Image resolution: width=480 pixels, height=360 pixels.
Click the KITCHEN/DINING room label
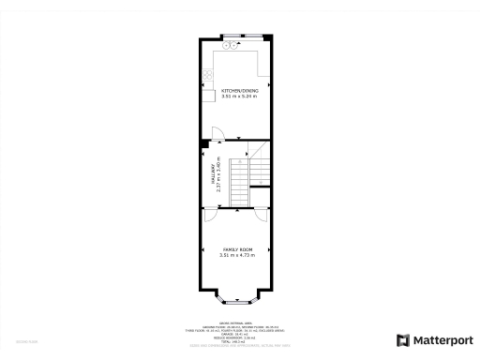point(238,90)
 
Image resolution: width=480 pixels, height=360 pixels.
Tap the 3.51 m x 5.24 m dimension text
point(238,97)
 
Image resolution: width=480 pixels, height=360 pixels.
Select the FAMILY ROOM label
point(238,248)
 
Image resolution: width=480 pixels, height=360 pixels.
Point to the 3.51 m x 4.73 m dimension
point(238,255)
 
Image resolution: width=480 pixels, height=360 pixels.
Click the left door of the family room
point(212,215)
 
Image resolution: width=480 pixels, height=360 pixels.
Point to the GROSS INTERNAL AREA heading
point(240,319)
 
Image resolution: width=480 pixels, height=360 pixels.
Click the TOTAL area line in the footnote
point(239,341)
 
